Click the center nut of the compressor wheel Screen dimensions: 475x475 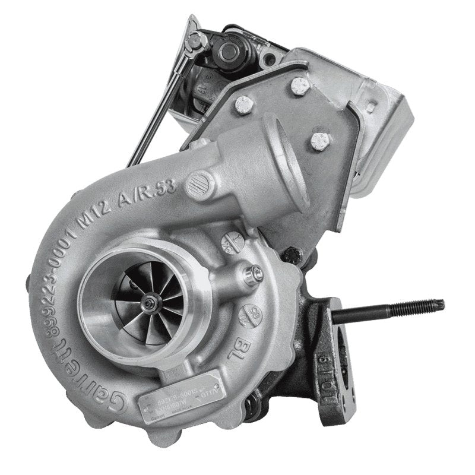click(156, 305)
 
